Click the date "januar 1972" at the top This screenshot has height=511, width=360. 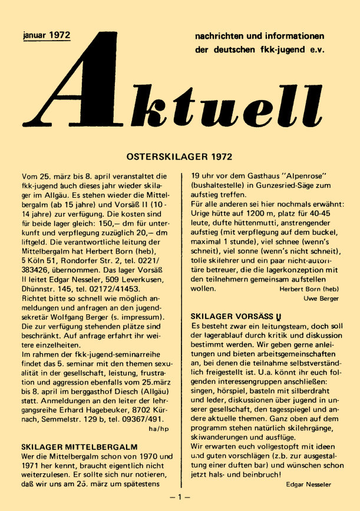click(x=45, y=35)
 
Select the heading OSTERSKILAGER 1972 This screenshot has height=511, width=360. click(x=180, y=157)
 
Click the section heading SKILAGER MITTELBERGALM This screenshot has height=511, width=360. click(x=71, y=447)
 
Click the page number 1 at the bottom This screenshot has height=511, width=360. click(x=180, y=497)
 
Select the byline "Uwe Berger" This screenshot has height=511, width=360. click(x=321, y=299)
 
